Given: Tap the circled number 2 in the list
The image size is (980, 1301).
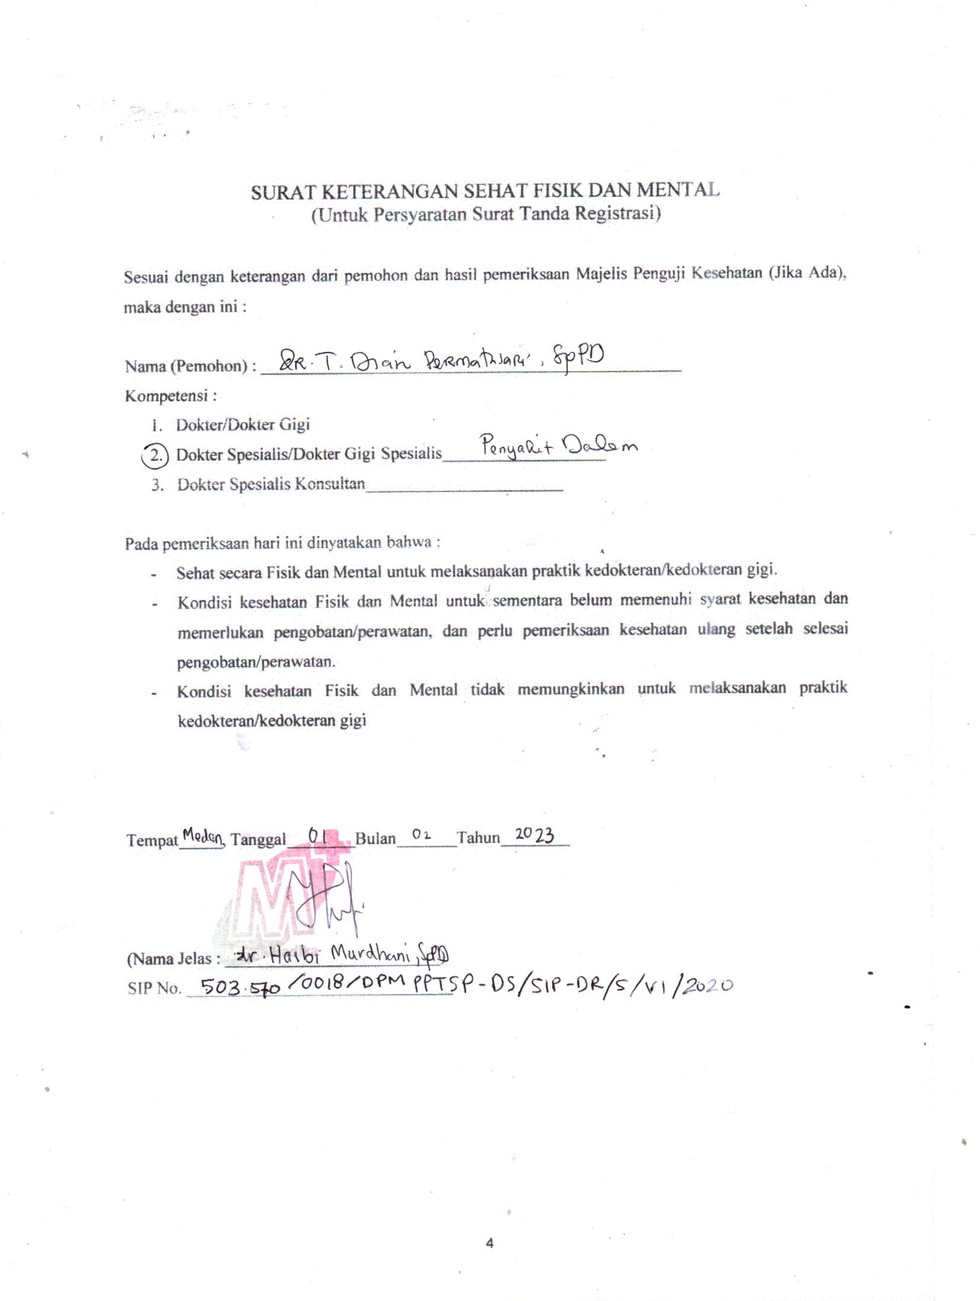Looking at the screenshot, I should pyautogui.click(x=156, y=455).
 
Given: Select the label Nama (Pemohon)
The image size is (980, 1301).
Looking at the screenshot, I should pyautogui.click(x=186, y=366).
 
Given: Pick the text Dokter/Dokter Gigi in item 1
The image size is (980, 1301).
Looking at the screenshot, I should pyautogui.click(x=243, y=425).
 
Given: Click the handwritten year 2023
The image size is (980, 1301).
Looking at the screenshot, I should pyautogui.click(x=534, y=835).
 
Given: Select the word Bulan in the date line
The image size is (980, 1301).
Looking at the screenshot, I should pyautogui.click(x=375, y=838).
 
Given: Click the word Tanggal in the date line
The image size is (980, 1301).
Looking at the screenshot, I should pyautogui.click(x=258, y=839).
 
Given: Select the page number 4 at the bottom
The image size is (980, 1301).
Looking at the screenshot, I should pyautogui.click(x=489, y=1243).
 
